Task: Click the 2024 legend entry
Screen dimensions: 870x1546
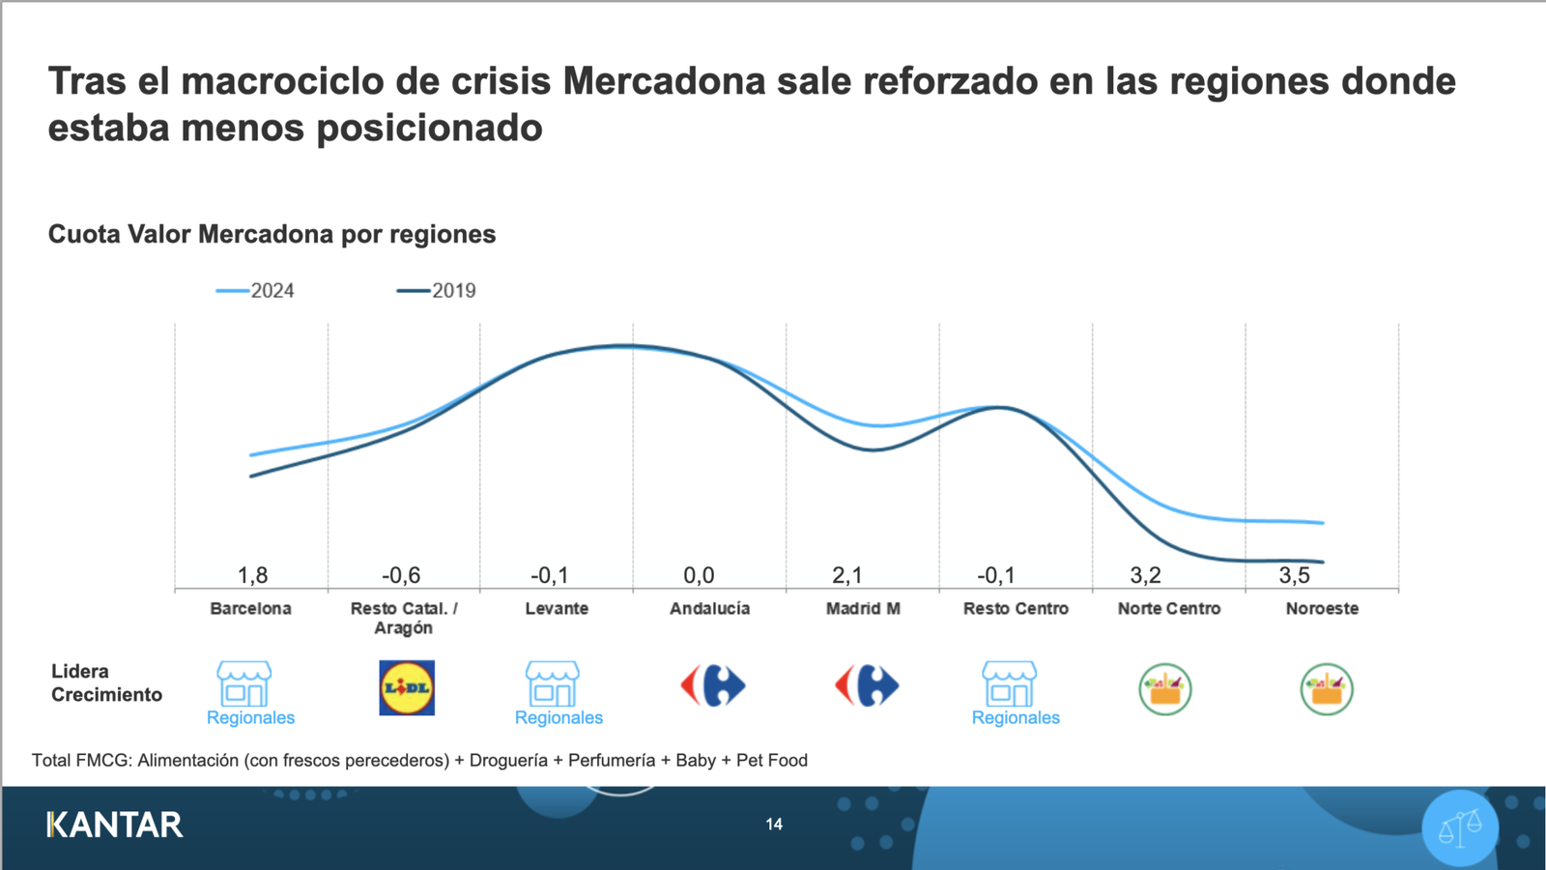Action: pos(256,291)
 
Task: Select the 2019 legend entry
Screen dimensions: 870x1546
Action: pos(437,291)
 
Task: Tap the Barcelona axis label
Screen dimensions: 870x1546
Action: pos(250,608)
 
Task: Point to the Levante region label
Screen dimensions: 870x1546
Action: pos(557,608)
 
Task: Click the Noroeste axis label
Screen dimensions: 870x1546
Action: pos(1322,608)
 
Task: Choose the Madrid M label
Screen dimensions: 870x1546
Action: pos(863,608)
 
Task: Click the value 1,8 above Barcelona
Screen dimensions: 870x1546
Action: pos(252,575)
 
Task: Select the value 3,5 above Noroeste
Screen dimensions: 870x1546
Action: pos(1294,575)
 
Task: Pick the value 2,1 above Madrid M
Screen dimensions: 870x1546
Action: pos(846,575)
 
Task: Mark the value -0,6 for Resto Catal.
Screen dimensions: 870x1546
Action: pos(401,575)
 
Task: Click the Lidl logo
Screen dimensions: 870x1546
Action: pos(407,687)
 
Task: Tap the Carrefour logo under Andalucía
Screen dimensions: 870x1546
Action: pos(713,685)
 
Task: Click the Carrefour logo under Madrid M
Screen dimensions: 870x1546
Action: pos(867,685)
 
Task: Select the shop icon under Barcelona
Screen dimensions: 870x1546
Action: pos(244,683)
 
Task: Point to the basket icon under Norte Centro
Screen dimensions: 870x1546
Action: pos(1165,689)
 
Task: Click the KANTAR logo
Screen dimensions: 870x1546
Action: pos(115,825)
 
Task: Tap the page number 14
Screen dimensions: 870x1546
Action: pos(774,825)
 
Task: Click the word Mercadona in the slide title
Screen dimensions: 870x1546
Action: pos(664,81)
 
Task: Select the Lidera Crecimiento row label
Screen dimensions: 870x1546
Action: pos(106,682)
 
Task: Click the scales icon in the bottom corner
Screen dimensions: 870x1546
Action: pos(1460,827)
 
